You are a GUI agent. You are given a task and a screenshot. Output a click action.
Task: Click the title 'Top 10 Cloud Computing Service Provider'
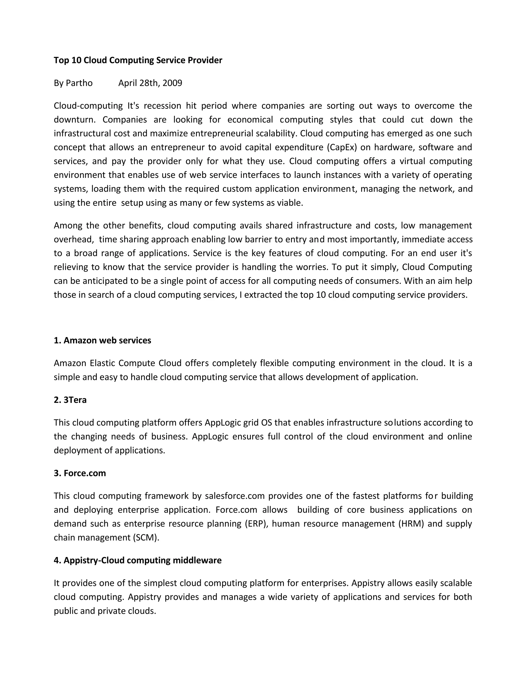tap(138, 60)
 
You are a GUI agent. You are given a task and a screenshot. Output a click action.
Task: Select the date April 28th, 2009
tap(150, 83)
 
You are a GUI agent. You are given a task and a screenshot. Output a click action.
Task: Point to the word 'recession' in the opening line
tap(162, 106)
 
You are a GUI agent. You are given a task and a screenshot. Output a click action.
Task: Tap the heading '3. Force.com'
tap(80, 473)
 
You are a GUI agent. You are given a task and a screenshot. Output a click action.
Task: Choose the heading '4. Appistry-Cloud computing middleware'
tap(137, 560)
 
